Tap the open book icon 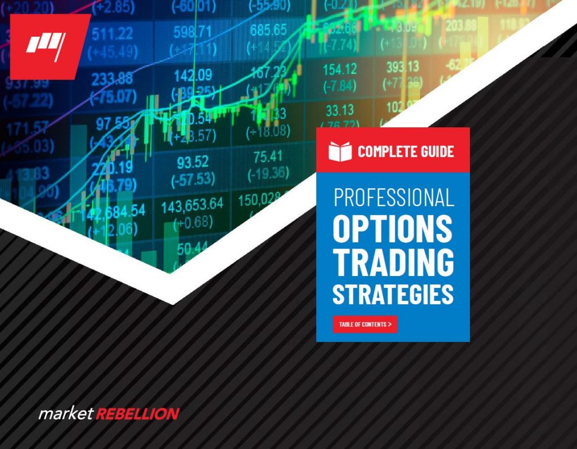340,151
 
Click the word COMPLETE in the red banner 383,151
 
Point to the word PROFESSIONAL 393,198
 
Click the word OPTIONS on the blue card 393,228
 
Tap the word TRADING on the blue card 393,262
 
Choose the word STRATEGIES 393,295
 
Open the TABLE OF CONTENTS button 365,324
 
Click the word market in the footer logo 65,414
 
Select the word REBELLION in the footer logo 137,414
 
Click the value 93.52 193,163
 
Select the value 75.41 268,156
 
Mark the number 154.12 340,69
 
